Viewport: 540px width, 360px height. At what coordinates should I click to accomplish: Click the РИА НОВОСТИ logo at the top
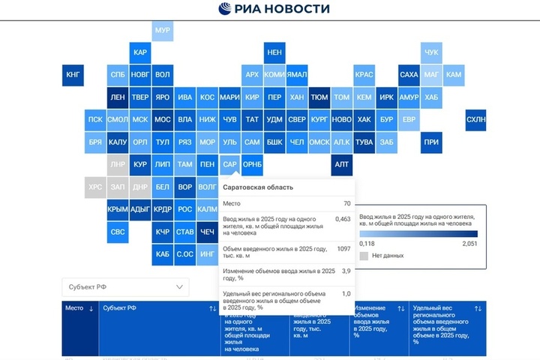click(274, 9)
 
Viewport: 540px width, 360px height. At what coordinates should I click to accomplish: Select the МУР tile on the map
click(162, 31)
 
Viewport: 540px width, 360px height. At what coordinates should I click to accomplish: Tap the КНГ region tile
click(73, 75)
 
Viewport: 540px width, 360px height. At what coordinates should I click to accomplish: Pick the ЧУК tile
click(430, 52)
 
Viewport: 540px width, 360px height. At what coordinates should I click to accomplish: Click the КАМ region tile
click(453, 75)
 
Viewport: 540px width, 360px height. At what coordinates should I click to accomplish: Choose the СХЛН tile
click(475, 119)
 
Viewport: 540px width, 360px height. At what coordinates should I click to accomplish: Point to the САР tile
click(230, 164)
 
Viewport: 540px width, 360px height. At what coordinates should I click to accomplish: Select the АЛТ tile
click(341, 164)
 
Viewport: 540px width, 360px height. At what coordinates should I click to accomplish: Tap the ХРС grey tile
click(95, 187)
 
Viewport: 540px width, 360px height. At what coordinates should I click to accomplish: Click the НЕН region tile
click(274, 52)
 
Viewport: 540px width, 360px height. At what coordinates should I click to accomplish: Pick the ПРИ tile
click(430, 142)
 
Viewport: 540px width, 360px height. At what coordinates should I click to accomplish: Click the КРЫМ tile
click(118, 209)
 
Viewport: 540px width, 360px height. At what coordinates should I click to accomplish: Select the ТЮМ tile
click(319, 97)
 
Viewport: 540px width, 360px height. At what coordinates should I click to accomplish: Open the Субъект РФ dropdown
click(125, 286)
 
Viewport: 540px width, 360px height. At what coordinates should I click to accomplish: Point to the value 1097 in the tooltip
click(343, 248)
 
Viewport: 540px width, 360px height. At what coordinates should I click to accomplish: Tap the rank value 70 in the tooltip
click(346, 203)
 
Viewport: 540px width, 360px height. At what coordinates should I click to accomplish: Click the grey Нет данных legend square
click(364, 256)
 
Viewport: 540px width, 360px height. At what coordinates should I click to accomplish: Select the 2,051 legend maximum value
click(469, 243)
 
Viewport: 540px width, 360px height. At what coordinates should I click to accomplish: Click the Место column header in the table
click(78, 308)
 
